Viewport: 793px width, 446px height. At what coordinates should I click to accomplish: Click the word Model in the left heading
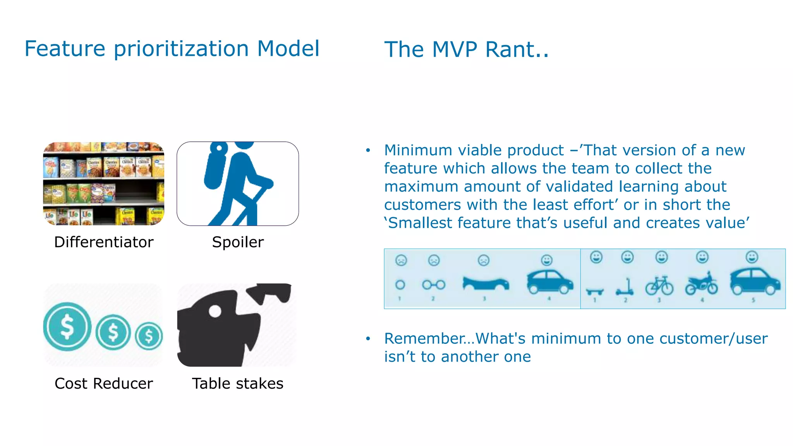tap(288, 49)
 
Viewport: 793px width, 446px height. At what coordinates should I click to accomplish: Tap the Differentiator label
tap(104, 242)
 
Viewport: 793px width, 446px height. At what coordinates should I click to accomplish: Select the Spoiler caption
tap(238, 242)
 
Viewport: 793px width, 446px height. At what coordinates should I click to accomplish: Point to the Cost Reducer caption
tap(104, 383)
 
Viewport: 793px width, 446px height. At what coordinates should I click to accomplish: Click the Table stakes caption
tap(238, 383)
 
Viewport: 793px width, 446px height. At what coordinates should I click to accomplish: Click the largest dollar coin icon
tap(67, 326)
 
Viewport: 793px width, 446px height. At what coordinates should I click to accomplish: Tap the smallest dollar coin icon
tap(149, 336)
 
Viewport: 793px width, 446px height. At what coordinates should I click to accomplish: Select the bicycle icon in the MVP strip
tap(659, 286)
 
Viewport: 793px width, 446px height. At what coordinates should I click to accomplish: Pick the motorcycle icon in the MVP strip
tap(701, 284)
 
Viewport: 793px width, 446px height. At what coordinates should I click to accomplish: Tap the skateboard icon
tap(594, 291)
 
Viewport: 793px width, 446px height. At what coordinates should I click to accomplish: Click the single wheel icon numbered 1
tap(400, 285)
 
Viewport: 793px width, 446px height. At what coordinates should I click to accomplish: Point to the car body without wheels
tap(486, 283)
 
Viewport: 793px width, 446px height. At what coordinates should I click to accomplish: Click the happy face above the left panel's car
tap(547, 260)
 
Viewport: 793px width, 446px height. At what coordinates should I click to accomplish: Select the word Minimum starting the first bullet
tap(418, 150)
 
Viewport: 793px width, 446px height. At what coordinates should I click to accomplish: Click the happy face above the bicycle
tap(661, 257)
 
